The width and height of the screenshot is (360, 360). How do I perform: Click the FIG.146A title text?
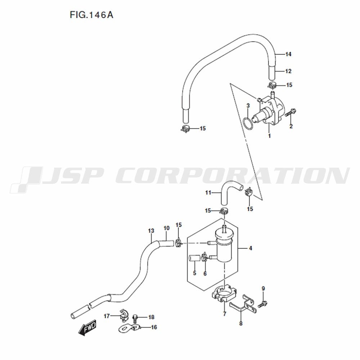pos(91,15)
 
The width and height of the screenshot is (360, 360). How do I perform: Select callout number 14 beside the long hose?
pos(288,54)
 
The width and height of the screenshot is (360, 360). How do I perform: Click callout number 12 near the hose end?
pos(288,71)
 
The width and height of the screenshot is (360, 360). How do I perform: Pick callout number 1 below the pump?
pos(270,136)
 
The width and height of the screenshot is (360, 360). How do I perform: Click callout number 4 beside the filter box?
pos(251,248)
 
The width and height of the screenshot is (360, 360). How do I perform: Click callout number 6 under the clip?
pos(205,274)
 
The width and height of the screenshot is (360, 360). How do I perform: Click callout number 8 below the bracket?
pos(241,324)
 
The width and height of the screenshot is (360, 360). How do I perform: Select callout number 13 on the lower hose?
pos(151,231)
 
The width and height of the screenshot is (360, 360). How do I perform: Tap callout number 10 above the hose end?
pos(167,228)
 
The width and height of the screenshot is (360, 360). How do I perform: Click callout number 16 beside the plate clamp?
pos(154,327)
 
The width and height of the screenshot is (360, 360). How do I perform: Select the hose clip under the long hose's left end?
pos(185,129)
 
